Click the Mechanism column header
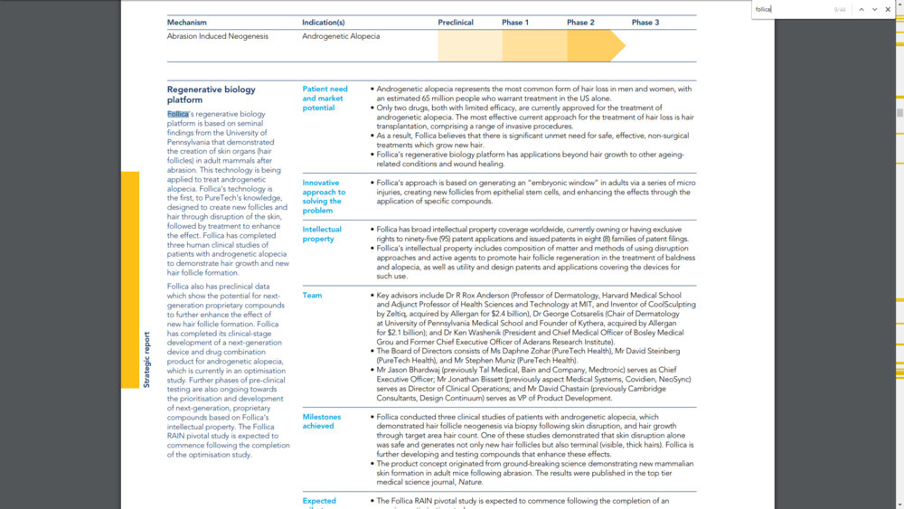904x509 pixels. [x=187, y=23]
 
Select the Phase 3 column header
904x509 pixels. [x=645, y=23]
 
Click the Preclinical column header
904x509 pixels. [x=456, y=23]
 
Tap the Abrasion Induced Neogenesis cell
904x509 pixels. [x=218, y=36]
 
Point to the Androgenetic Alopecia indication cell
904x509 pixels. [x=341, y=36]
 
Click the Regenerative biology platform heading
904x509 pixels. [x=211, y=95]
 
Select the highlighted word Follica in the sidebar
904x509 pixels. [x=178, y=115]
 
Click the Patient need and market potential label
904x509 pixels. [x=325, y=99]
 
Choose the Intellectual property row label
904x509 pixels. [x=323, y=234]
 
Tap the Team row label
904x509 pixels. [x=312, y=296]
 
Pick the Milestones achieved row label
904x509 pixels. [x=322, y=421]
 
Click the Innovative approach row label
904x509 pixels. [x=324, y=196]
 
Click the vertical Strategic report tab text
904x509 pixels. [x=147, y=359]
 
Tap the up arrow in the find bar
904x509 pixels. [x=862, y=9]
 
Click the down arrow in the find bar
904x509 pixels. [x=875, y=9]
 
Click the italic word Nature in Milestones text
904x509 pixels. [x=471, y=483]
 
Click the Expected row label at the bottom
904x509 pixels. [x=319, y=501]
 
